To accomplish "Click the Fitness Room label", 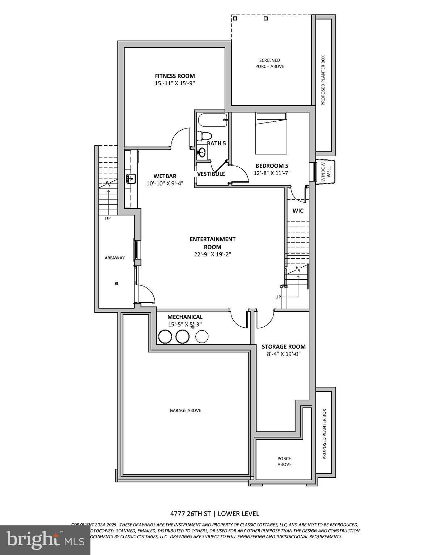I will (175, 76).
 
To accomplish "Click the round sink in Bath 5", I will (201, 152).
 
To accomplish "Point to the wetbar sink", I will (131, 178).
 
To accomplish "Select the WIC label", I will (298, 211).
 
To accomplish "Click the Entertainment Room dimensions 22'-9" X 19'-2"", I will (212, 254).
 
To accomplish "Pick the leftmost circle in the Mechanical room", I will (165, 337).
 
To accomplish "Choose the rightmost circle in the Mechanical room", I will (202, 337).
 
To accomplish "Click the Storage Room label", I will (284, 347).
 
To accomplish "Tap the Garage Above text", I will (185, 410).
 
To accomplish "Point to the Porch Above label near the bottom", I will (284, 461).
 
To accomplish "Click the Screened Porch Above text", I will (269, 63).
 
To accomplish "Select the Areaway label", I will (115, 258).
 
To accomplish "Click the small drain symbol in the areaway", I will (116, 284).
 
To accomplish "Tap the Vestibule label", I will (211, 174).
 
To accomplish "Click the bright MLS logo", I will (45, 540).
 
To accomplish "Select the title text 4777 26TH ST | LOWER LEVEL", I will (214, 513).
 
